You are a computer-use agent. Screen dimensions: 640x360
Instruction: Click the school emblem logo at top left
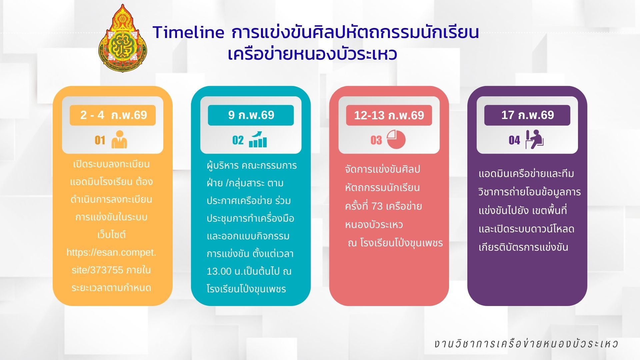pyautogui.click(x=123, y=38)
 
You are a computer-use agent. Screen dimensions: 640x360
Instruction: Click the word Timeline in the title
pyautogui.click(x=189, y=32)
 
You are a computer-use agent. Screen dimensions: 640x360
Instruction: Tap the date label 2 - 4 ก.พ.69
pyautogui.click(x=113, y=115)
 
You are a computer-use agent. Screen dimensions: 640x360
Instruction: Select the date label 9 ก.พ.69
pyautogui.click(x=251, y=115)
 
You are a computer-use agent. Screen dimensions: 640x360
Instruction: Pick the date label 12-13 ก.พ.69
pyautogui.click(x=389, y=115)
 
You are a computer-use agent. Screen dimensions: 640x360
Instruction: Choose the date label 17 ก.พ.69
pyautogui.click(x=527, y=115)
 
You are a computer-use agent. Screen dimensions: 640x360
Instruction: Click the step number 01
pyautogui.click(x=100, y=140)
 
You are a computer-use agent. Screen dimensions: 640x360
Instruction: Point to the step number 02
pyautogui.click(x=238, y=140)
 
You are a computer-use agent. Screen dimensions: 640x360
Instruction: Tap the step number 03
pyautogui.click(x=376, y=140)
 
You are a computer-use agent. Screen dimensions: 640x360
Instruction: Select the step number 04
pyautogui.click(x=514, y=140)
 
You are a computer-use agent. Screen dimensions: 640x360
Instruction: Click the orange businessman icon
pyautogui.click(x=119, y=139)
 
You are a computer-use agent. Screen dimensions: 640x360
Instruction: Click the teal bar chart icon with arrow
pyautogui.click(x=258, y=139)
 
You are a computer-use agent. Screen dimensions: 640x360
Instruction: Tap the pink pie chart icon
pyautogui.click(x=396, y=139)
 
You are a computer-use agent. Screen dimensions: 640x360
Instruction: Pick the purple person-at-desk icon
pyautogui.click(x=534, y=139)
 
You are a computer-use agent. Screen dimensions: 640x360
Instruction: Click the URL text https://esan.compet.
pyautogui.click(x=111, y=252)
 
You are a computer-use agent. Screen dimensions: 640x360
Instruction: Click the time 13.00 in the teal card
pyautogui.click(x=219, y=271)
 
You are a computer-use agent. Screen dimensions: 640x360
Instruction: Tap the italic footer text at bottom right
pyautogui.click(x=526, y=344)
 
